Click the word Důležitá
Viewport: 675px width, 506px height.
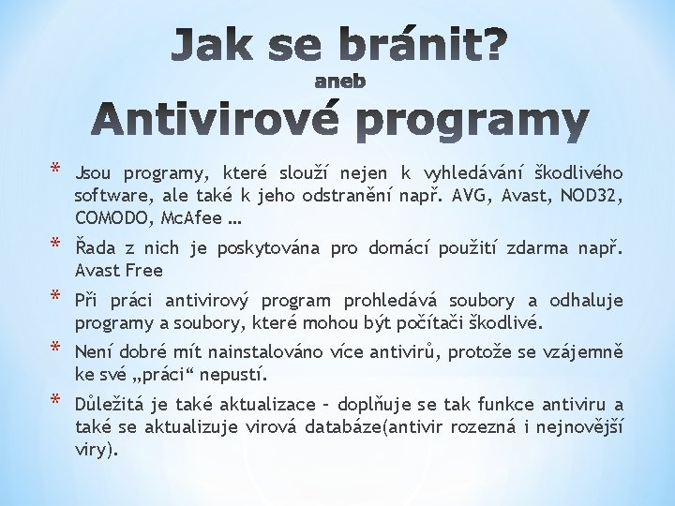112,405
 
